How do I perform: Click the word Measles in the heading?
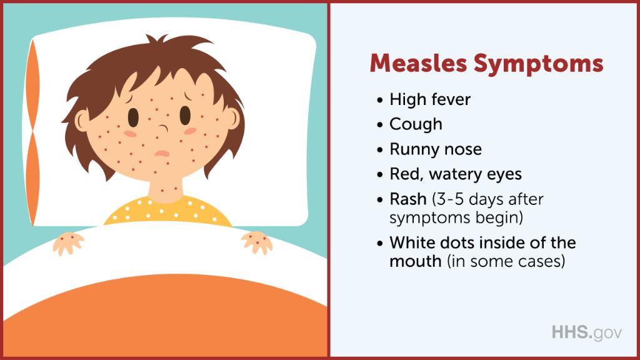(418, 64)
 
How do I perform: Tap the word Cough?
(416, 124)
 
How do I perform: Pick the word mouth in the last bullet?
(415, 261)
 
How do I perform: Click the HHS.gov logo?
(586, 332)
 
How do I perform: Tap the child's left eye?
(134, 116)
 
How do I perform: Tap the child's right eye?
(185, 115)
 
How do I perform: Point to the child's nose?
(161, 130)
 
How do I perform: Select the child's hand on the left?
(69, 242)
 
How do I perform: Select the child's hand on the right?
(257, 241)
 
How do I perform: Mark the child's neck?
(166, 187)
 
